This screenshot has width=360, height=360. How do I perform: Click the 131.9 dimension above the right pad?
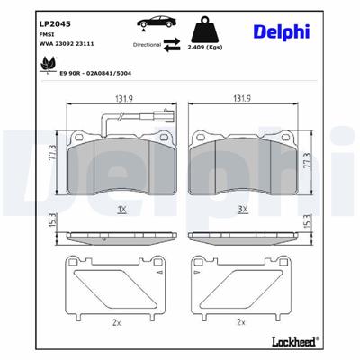pos(241,100)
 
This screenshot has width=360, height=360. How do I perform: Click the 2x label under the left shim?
pos(115,320)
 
